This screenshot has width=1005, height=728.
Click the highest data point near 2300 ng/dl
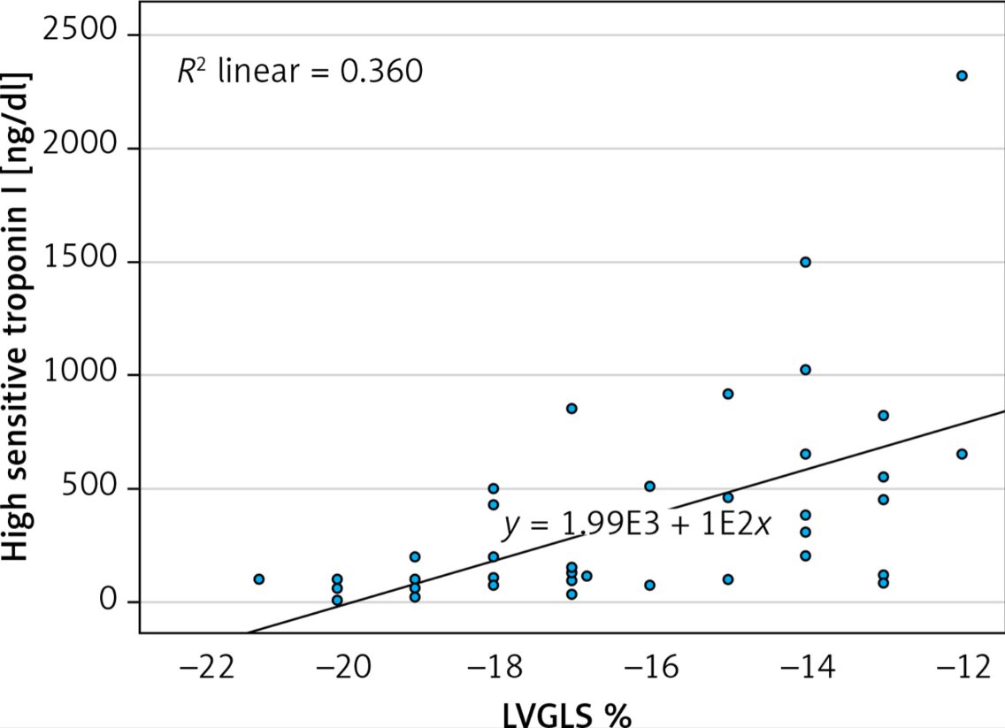tap(962, 76)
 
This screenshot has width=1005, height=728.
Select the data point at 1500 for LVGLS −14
tap(805, 262)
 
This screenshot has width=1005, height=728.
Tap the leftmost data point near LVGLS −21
tap(259, 579)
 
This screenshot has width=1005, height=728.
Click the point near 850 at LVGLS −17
tap(572, 409)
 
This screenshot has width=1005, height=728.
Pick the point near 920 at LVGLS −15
tap(728, 394)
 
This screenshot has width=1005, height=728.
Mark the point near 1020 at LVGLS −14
tap(805, 370)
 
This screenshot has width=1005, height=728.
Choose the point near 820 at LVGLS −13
tap(883, 415)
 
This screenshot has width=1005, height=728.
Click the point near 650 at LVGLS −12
tap(962, 454)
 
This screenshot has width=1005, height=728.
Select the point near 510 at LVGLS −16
tap(649, 486)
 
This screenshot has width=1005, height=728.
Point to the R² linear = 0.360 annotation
tap(300, 72)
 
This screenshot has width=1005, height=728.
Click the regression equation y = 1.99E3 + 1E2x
tap(637, 526)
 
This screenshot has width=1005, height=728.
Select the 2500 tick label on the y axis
tap(79, 34)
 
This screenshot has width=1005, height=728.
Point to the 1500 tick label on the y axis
tap(79, 261)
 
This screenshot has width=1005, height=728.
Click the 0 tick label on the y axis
tap(107, 602)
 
